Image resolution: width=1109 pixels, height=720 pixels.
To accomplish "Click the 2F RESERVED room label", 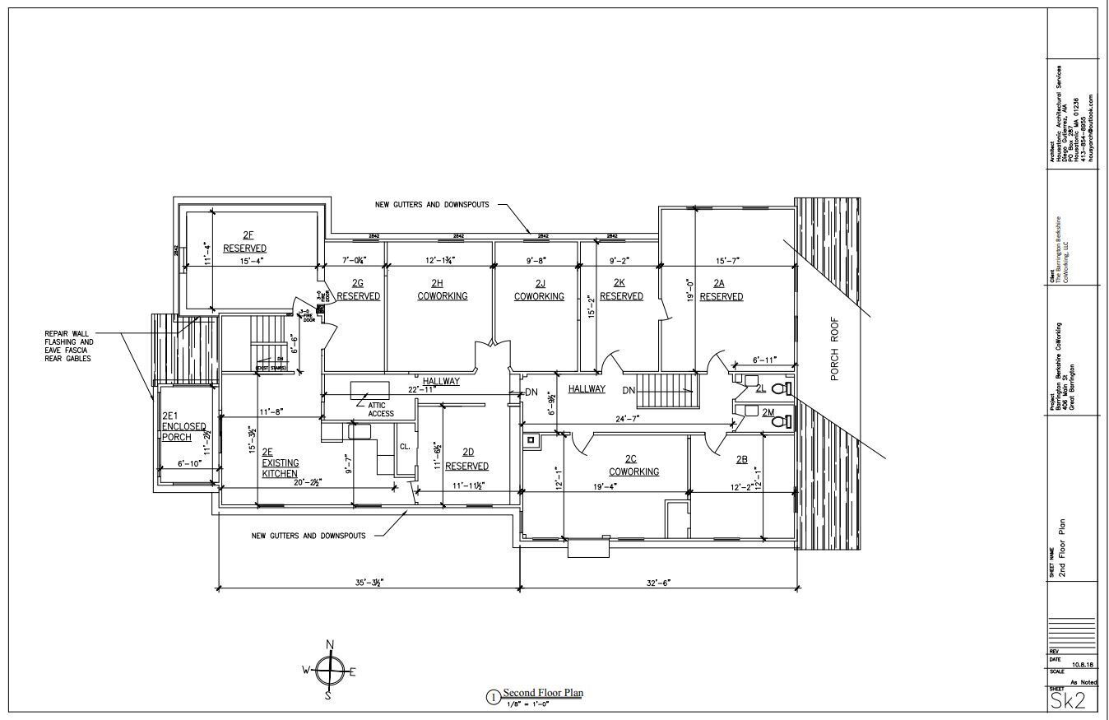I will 244,241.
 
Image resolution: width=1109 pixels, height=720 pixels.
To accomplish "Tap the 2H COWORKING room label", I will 442,290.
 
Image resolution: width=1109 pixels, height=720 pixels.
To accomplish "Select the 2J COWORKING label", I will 539,290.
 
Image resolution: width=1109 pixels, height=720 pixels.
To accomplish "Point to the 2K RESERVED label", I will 621,290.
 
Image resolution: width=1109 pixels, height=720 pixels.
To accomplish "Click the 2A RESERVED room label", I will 722,290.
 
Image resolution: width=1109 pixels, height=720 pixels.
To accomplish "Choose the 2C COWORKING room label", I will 633,466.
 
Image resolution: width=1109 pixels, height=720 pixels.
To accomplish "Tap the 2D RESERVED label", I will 466,459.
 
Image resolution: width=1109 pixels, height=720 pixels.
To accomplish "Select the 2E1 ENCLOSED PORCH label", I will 178,426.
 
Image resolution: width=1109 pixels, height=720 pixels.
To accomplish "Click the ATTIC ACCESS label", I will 381,408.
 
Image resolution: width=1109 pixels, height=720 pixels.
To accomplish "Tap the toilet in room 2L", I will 786,388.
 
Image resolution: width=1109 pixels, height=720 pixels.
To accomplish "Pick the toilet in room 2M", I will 786,421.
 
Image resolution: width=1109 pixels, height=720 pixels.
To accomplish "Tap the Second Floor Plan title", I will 543,693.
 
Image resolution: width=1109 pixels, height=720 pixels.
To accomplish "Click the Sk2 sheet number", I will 1067,700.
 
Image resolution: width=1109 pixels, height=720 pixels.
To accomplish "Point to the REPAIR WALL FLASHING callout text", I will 69,346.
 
